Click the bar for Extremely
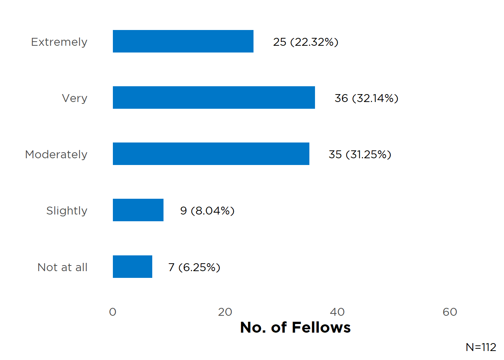(x=183, y=41)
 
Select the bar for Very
(x=214, y=97)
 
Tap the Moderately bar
(x=211, y=154)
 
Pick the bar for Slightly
(x=138, y=210)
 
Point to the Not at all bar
(x=132, y=267)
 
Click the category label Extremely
(x=59, y=42)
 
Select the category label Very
(x=75, y=98)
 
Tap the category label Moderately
(x=56, y=154)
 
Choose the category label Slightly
(x=67, y=211)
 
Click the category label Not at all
(x=63, y=267)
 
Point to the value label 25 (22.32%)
(x=306, y=42)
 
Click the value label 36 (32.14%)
(x=366, y=98)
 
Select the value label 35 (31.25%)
(x=360, y=154)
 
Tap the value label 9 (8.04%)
(x=207, y=211)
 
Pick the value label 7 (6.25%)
(x=194, y=267)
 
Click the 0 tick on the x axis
(x=112, y=312)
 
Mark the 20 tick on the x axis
(x=225, y=312)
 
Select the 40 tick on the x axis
(x=337, y=312)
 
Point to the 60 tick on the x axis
(x=450, y=312)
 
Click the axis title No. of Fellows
(x=295, y=327)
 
